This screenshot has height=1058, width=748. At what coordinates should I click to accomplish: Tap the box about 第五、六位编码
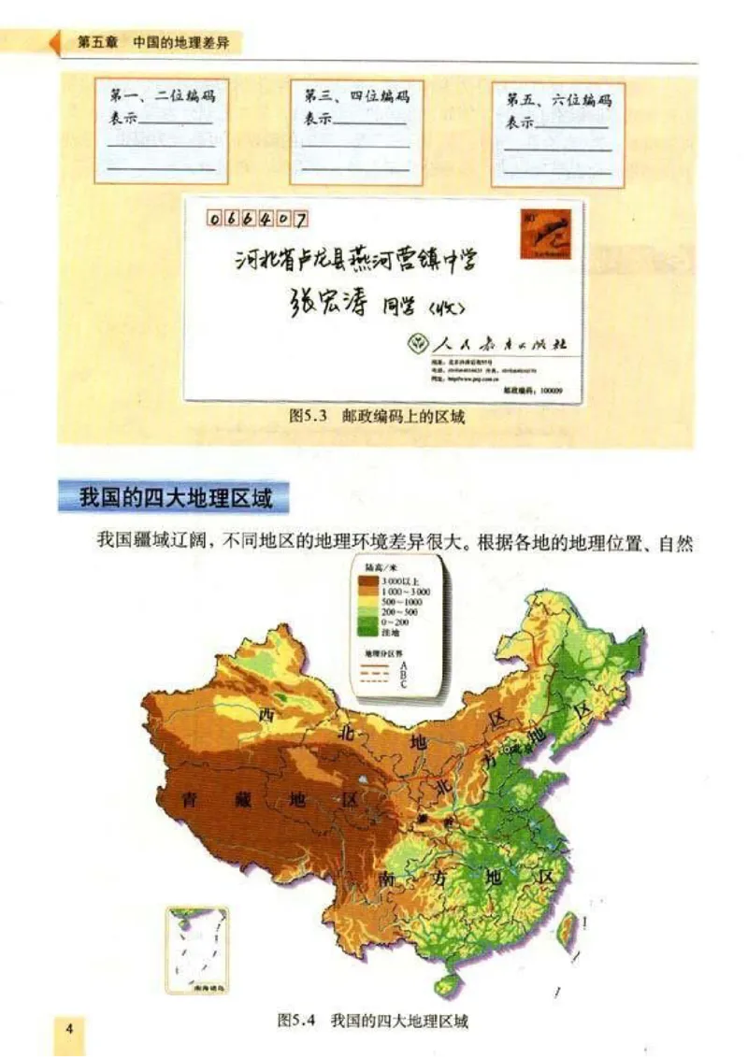click(x=558, y=134)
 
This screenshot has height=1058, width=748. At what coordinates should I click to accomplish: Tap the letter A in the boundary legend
click(x=401, y=665)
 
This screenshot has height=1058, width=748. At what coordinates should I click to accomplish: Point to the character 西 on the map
click(x=269, y=715)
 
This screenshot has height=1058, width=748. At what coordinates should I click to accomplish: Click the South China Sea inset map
click(x=197, y=949)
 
